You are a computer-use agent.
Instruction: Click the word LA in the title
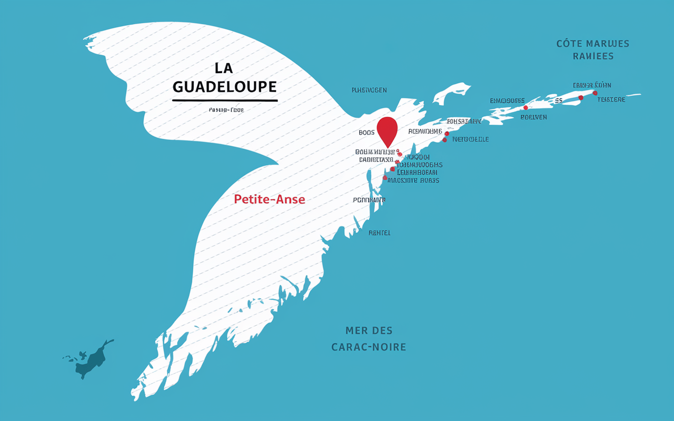(x=224, y=68)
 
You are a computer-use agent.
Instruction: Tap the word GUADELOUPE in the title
(x=224, y=86)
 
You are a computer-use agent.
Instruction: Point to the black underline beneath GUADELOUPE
(x=225, y=100)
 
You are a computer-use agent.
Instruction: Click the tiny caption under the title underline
(x=226, y=110)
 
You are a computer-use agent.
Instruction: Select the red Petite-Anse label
(x=269, y=199)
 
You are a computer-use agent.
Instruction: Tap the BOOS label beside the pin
(x=366, y=133)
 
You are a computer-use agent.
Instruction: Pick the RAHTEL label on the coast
(x=380, y=233)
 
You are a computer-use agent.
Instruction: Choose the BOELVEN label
(x=533, y=117)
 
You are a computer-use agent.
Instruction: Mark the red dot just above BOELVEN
(x=526, y=108)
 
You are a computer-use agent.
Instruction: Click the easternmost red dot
(x=595, y=93)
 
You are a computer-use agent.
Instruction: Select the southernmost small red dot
(x=385, y=178)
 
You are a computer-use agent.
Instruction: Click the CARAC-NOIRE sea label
(x=369, y=347)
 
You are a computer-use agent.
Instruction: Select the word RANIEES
(x=593, y=56)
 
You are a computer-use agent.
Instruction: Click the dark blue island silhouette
(x=93, y=360)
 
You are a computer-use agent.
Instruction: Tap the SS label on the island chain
(x=558, y=101)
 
